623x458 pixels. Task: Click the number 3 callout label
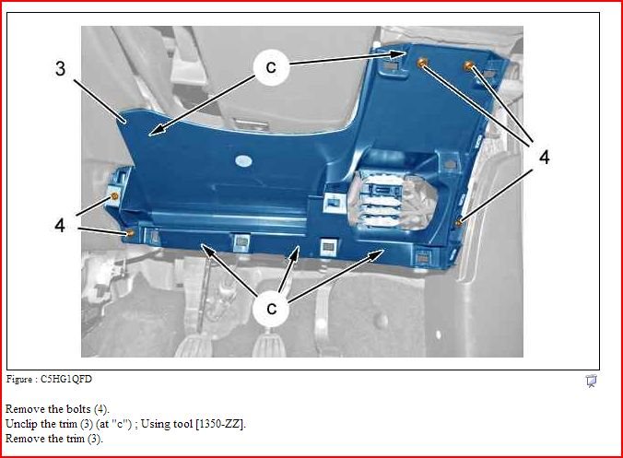61,68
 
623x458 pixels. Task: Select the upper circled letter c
271,67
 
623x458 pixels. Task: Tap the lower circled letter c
271,309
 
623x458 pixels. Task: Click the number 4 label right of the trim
545,158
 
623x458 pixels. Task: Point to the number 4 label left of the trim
60,226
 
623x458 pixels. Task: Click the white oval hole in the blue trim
243,161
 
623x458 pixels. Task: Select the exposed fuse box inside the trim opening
393,201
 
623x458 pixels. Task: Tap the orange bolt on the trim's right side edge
459,222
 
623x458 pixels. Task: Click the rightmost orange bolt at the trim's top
469,65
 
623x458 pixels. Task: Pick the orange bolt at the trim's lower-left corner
130,232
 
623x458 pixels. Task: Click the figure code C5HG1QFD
66,380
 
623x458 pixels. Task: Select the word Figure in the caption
19,380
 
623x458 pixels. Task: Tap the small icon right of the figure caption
592,381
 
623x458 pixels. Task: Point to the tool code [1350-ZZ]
220,424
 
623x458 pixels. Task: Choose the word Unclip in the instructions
21,424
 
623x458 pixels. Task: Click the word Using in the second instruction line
154,424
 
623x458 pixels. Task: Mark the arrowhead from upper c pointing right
398,54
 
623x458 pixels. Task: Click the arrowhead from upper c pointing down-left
157,130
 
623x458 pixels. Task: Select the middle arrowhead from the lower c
295,253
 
